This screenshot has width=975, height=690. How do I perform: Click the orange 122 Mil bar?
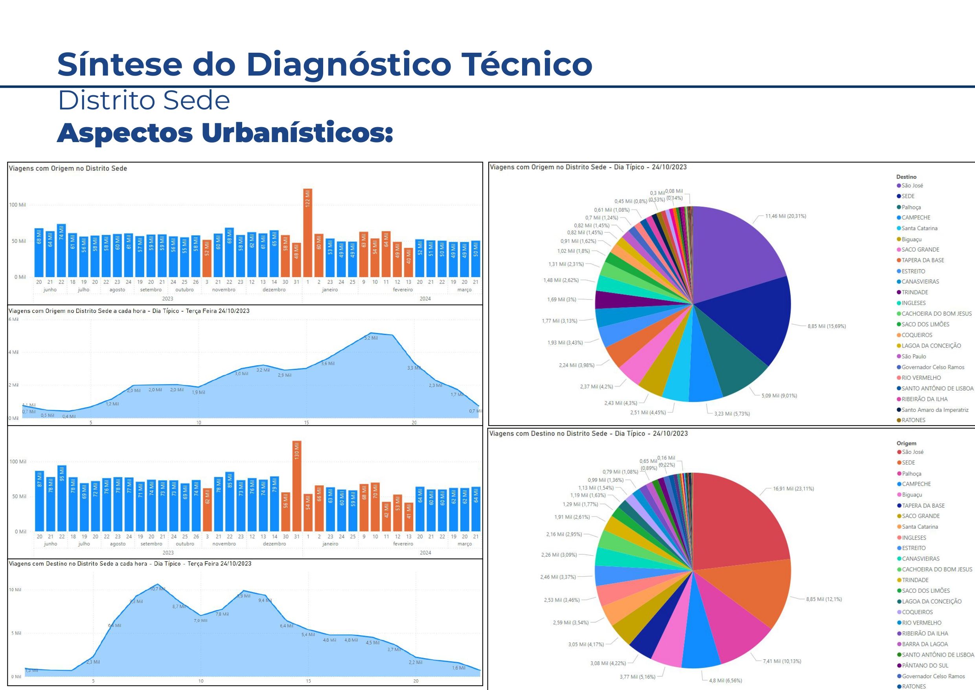pos(307,233)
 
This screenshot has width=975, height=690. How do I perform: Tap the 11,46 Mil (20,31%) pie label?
pos(785,216)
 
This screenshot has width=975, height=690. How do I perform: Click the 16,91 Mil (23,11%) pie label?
pos(793,488)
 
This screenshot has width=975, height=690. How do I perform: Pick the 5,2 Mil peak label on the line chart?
pos(371,338)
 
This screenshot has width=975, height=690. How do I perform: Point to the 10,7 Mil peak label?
pos(157,589)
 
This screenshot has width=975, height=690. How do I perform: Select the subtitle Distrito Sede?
pos(143,101)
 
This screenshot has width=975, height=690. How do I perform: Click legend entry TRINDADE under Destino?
pos(914,292)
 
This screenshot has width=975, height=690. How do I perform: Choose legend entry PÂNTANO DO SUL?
pos(924,665)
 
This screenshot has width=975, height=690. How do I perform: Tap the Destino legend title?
pos(906,176)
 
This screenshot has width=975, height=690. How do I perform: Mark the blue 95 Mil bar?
pos(62,498)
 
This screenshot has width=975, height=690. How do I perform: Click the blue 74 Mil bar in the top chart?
pos(61,250)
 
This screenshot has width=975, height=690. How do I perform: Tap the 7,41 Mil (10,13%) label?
pos(782,661)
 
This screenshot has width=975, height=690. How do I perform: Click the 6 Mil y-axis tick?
pos(14,319)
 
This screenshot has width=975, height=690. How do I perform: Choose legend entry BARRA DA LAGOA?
pos(924,644)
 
